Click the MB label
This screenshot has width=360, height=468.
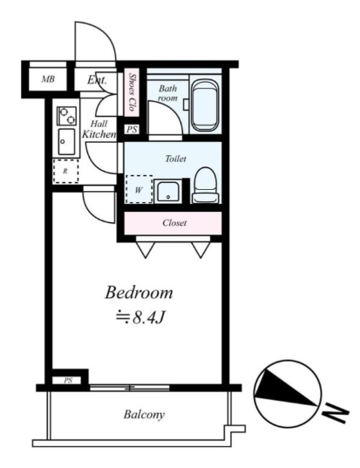[x=48, y=79]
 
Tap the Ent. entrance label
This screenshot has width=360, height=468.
[x=97, y=79]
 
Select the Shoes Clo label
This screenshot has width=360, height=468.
[x=132, y=92]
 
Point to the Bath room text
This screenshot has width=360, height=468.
[x=167, y=93]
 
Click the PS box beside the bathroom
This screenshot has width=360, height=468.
[x=132, y=129]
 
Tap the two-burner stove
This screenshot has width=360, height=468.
[x=66, y=116]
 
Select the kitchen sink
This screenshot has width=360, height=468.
[x=66, y=142]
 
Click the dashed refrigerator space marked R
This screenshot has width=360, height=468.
[x=65, y=171]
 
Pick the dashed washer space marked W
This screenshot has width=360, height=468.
[x=139, y=189]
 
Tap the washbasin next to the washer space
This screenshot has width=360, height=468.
[x=168, y=192]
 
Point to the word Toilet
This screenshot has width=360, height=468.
[x=176, y=159]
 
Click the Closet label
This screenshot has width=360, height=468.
[x=174, y=222]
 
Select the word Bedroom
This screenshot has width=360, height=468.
[x=139, y=293]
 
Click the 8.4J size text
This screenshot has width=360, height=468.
[x=140, y=318]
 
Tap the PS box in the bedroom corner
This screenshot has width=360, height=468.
[x=68, y=381]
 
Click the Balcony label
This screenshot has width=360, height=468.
[x=144, y=414]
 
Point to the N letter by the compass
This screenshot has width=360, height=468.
[x=336, y=413]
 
